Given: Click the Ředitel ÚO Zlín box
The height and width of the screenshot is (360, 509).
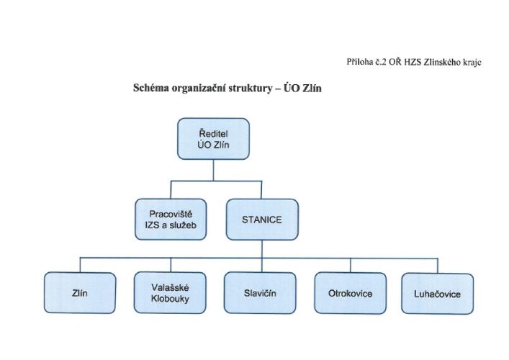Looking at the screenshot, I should [213, 139].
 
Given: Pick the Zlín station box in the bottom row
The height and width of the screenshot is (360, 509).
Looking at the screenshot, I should [81, 293].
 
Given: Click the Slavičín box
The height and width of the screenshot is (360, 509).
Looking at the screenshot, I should [260, 293].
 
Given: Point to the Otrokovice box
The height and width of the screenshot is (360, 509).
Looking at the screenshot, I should [348, 293].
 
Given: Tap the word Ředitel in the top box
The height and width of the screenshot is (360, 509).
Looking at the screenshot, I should [213, 132].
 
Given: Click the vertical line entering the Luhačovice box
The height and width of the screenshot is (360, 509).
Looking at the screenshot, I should [438, 264].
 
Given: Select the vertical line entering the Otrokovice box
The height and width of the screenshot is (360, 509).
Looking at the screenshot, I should [348, 264].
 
